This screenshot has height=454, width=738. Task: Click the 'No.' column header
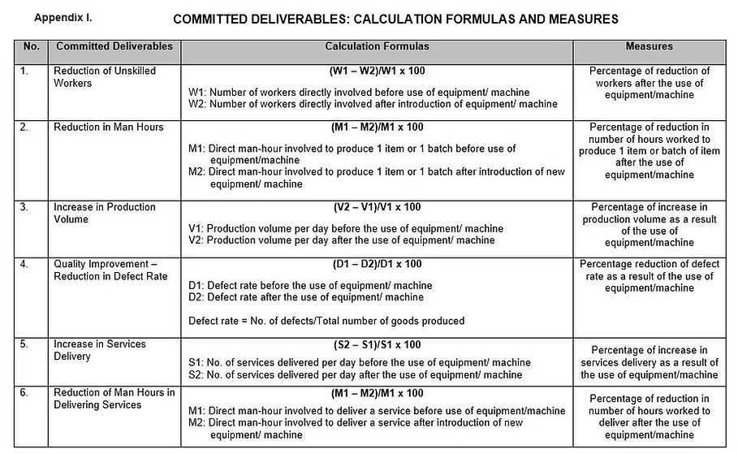click(x=31, y=47)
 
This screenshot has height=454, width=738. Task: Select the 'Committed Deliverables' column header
click(x=114, y=47)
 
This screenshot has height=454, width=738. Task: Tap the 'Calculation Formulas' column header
click(x=377, y=47)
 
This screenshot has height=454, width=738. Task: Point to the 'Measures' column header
click(x=649, y=47)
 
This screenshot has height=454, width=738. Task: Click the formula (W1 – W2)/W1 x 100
click(x=378, y=71)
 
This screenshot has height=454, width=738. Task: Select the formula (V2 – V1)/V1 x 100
click(x=378, y=208)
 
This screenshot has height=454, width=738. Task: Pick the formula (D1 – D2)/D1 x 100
click(x=378, y=265)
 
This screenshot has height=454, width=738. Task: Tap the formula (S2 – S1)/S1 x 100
click(x=378, y=344)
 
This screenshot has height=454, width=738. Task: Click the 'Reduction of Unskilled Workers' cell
click(x=105, y=77)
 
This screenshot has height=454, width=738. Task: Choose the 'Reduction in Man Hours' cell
click(x=108, y=128)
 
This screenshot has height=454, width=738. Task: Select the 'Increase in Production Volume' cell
click(x=104, y=214)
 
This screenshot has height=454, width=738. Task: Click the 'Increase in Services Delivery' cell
click(x=100, y=350)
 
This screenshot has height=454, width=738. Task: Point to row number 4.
click(x=25, y=265)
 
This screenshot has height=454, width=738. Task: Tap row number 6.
click(x=25, y=394)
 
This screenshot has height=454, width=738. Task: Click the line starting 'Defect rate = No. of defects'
click(x=326, y=321)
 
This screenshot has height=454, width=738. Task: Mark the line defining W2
click(x=373, y=104)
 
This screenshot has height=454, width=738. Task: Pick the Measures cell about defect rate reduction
click(x=649, y=276)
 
